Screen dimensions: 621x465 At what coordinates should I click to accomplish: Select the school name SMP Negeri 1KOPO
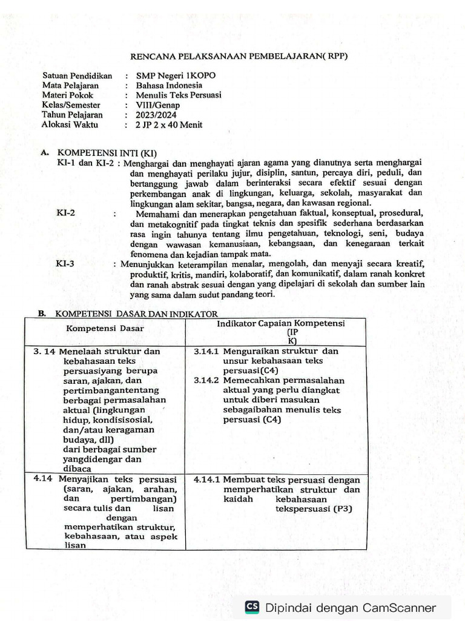[176, 76]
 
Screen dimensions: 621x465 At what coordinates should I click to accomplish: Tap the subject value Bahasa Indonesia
[169, 86]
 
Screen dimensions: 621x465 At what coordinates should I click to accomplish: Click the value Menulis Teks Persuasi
[179, 95]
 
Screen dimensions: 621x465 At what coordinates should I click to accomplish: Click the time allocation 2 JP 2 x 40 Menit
[169, 125]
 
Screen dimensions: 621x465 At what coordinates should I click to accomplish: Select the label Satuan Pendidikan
[77, 76]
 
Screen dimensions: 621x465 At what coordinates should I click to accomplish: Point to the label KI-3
[65, 264]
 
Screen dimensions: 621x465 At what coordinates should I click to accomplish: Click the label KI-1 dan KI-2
[85, 163]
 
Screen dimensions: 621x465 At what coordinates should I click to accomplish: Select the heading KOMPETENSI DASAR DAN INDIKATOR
[136, 314]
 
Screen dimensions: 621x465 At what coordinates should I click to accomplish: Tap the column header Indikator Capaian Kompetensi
[280, 323]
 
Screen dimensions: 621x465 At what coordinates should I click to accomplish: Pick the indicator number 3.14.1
[206, 351]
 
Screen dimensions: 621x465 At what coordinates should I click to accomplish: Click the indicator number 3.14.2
[206, 380]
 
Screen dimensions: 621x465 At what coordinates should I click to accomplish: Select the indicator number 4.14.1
[206, 479]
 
